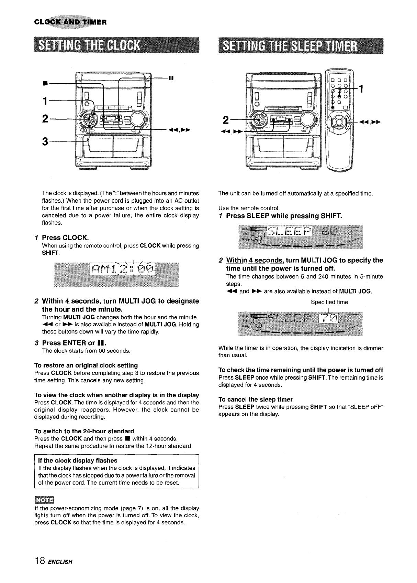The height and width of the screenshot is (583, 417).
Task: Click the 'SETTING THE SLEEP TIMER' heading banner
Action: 301,45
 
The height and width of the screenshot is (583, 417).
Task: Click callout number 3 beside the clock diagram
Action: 45,141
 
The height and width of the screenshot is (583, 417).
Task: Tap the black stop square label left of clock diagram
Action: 45,83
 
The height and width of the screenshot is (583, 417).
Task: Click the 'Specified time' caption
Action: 329,302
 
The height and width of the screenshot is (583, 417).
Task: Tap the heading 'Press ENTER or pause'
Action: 74,343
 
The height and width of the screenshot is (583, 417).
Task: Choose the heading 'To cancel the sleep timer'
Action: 255,399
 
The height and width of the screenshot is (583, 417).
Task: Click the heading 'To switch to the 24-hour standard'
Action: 84,431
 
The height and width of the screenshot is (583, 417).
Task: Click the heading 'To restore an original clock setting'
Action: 86,365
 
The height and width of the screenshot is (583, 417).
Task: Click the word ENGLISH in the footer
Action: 60,562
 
